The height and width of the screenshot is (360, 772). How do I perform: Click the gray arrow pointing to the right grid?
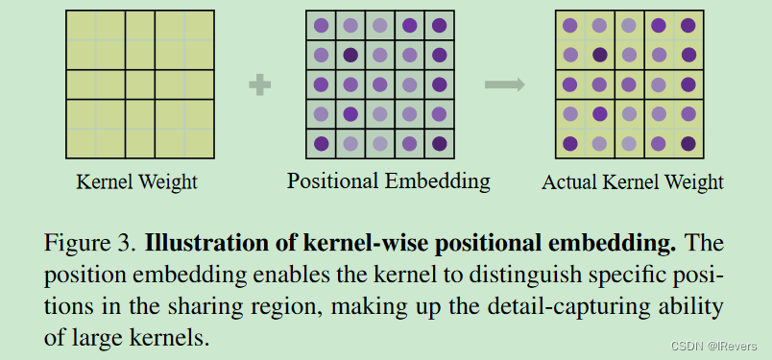tap(504, 85)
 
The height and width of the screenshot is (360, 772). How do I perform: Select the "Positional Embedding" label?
tap(388, 180)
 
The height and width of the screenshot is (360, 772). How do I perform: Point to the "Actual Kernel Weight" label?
tap(633, 181)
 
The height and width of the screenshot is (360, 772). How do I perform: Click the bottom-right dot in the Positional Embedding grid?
tap(439, 144)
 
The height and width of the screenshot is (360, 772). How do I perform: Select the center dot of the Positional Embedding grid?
tap(380, 84)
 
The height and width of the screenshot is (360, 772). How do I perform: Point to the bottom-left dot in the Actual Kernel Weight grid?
tap(570, 144)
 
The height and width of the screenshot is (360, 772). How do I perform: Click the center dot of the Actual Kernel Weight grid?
tap(629, 85)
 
